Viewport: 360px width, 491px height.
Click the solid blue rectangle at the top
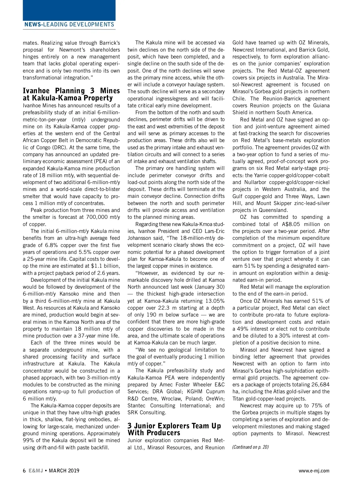[69, 10]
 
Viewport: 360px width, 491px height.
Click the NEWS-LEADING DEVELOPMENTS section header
[69, 25]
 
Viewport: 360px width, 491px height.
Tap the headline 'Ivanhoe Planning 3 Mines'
[71, 91]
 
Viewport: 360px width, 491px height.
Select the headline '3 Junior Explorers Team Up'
[174, 426]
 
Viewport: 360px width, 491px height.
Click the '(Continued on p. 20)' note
[250, 447]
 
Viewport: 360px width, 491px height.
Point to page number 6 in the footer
[24, 471]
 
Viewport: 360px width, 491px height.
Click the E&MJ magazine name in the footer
[36, 471]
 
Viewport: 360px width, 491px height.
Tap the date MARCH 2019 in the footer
[64, 471]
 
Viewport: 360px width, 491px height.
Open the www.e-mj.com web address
[314, 471]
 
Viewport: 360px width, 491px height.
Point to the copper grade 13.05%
[215, 301]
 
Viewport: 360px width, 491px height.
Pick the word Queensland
[273, 210]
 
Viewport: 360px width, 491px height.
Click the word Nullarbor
[255, 182]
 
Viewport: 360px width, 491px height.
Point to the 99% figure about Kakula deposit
[28, 440]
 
